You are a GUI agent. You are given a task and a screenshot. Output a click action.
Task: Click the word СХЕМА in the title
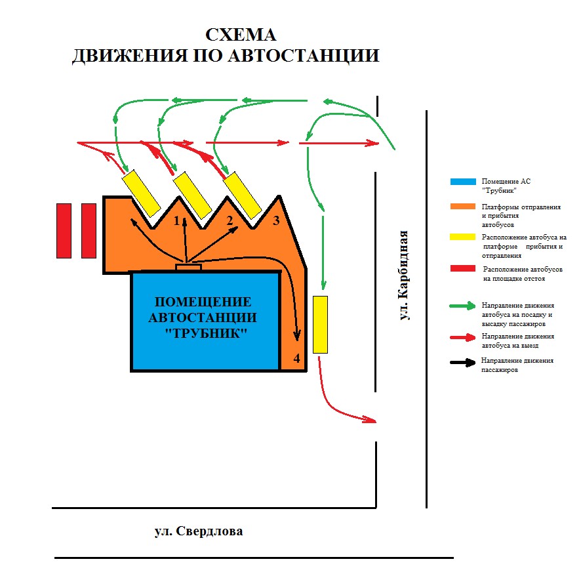[x=241, y=35]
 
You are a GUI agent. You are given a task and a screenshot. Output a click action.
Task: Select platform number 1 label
[x=177, y=221]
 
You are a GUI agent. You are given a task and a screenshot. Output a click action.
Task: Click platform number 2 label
[x=230, y=221]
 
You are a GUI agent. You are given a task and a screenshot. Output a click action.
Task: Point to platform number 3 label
[x=276, y=221]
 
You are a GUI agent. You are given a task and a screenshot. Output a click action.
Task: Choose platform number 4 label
[x=297, y=358]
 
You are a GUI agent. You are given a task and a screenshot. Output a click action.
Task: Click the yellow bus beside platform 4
[x=321, y=325]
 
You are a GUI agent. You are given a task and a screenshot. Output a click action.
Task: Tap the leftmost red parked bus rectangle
[x=64, y=230]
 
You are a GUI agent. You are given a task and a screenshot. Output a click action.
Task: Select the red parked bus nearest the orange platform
[x=89, y=230]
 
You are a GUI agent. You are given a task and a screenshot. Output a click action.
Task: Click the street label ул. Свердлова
[x=199, y=531]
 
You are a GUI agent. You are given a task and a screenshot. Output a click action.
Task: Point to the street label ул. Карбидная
[x=403, y=275]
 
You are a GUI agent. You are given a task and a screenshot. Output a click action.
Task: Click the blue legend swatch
[x=463, y=182]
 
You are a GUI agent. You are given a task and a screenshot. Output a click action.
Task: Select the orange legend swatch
[x=463, y=207]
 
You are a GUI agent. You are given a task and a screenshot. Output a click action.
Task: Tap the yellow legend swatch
[x=462, y=237]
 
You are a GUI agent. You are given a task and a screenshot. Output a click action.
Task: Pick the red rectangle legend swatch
[x=463, y=268]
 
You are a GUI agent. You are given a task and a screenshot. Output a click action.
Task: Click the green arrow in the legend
[x=462, y=306]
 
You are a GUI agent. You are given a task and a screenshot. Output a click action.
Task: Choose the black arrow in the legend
[x=463, y=362]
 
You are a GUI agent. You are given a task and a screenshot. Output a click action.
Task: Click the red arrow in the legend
[x=462, y=337]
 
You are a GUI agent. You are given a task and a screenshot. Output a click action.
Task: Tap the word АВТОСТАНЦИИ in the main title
[x=304, y=56]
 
